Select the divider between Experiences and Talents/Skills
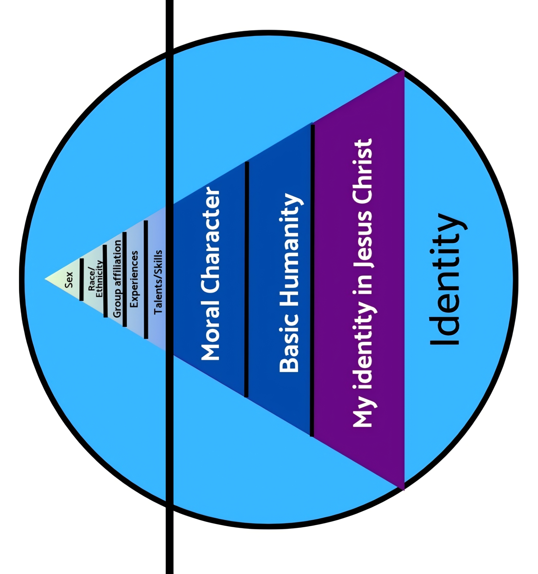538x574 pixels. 146,279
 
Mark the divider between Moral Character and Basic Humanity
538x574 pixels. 246,279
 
